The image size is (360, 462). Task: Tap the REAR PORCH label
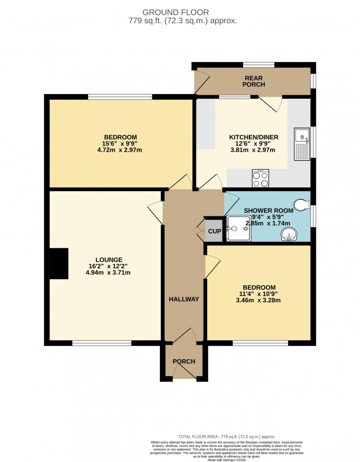[x=254, y=81]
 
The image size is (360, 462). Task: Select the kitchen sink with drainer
[x=302, y=144]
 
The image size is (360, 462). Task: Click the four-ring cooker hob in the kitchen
[x=260, y=178]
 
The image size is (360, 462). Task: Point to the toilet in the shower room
[x=301, y=205]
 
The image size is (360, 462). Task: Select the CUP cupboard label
[x=214, y=231]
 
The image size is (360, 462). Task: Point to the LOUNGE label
[x=109, y=259]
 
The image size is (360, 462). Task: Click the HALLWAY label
[x=184, y=299]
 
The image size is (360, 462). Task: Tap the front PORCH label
[x=184, y=361]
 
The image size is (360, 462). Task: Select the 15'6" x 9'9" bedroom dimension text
[x=120, y=143]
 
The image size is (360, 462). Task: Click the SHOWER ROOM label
[x=268, y=210]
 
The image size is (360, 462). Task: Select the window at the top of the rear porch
[x=259, y=65]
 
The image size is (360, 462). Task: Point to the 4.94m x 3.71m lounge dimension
[x=109, y=273]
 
